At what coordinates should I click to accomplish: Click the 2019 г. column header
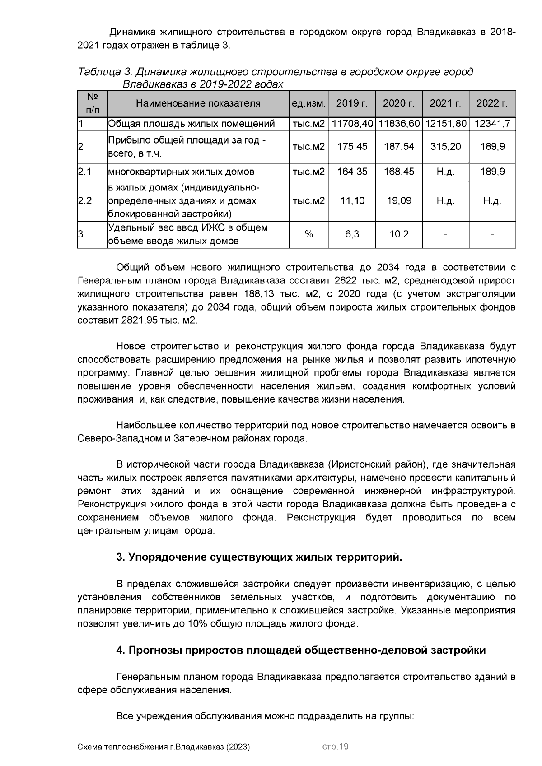pos(352,103)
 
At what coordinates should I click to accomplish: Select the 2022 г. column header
pos(492,103)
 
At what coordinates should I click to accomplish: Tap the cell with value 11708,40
pos(352,124)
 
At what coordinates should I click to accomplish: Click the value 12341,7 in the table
pos(492,124)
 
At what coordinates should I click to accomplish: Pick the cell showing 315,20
pos(445,147)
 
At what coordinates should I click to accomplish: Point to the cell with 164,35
pos(352,172)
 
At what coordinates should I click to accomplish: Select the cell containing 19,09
pos(399,201)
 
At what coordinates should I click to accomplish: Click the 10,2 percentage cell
pos(399,234)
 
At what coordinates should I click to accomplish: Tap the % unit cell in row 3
pos(309,234)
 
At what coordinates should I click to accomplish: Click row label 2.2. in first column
pos(86,201)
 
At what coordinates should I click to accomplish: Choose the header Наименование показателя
pos(198,103)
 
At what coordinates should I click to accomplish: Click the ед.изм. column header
pos(309,103)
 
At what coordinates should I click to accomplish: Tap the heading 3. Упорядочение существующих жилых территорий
pos(259,557)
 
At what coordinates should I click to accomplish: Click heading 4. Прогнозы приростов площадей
pos(301,650)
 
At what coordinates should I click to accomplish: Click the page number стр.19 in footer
pos(335,747)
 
